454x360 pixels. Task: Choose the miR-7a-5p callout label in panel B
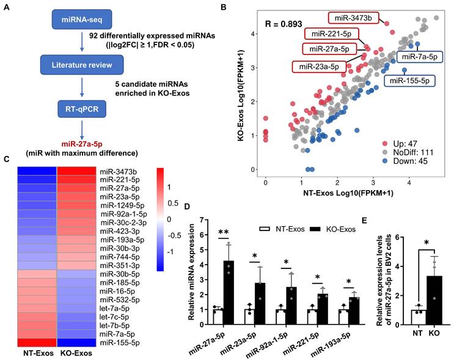coord(421,56)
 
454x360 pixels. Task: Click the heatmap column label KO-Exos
coord(76,354)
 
